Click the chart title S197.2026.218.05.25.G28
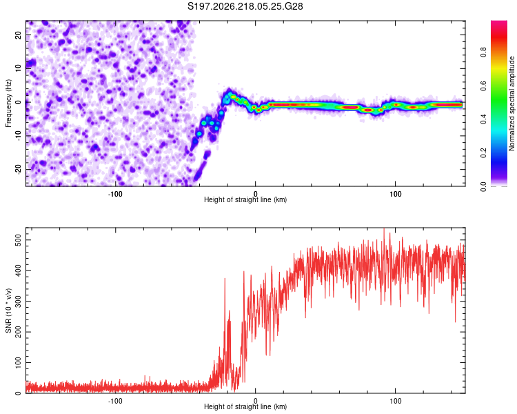pyautogui.click(x=245, y=6)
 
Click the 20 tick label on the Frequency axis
pyautogui.click(x=19, y=35)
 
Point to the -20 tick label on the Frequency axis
pyautogui.click(x=19, y=170)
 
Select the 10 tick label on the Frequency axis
pyautogui.click(x=19, y=69)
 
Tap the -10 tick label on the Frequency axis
pyautogui.click(x=19, y=136)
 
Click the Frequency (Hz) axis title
pyautogui.click(x=8, y=103)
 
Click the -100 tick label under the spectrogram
pyautogui.click(x=115, y=194)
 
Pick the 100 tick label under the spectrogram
pyautogui.click(x=396, y=194)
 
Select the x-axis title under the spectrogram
pyautogui.click(x=245, y=199)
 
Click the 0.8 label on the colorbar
pyautogui.click(x=483, y=52)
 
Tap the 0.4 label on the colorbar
pyautogui.click(x=483, y=119)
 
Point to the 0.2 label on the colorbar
pyautogui.click(x=483, y=153)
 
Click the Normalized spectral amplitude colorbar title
pyautogui.click(x=511, y=103)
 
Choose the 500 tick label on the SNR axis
pyautogui.click(x=19, y=240)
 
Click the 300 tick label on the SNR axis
pyautogui.click(x=19, y=302)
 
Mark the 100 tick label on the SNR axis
pyautogui.click(x=19, y=363)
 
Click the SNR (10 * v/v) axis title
pyautogui.click(x=8, y=310)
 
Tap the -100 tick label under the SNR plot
pyautogui.click(x=115, y=401)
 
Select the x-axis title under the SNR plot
pyautogui.click(x=245, y=406)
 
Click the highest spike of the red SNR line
pyautogui.click(x=384, y=229)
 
